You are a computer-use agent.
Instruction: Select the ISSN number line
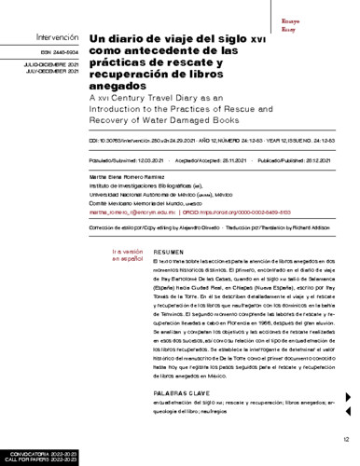(35, 55)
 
